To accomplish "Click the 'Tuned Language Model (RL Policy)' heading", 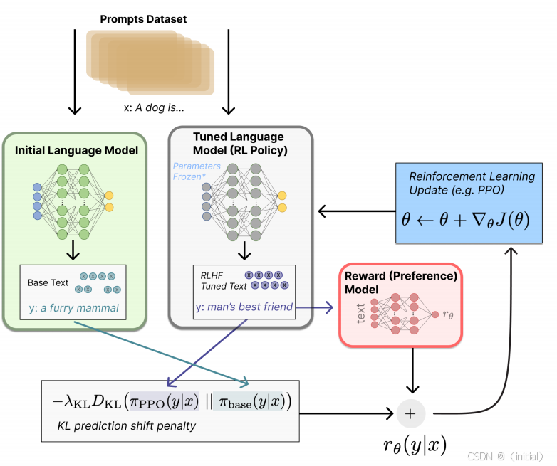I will [239, 143].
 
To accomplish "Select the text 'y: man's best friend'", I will [243, 307].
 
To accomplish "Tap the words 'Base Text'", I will [48, 282].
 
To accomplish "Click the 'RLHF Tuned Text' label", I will [224, 280].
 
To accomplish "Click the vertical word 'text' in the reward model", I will [360, 313].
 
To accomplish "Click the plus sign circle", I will [410, 413].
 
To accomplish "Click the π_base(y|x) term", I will [254, 403].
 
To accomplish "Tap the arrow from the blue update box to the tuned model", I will [356, 211].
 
